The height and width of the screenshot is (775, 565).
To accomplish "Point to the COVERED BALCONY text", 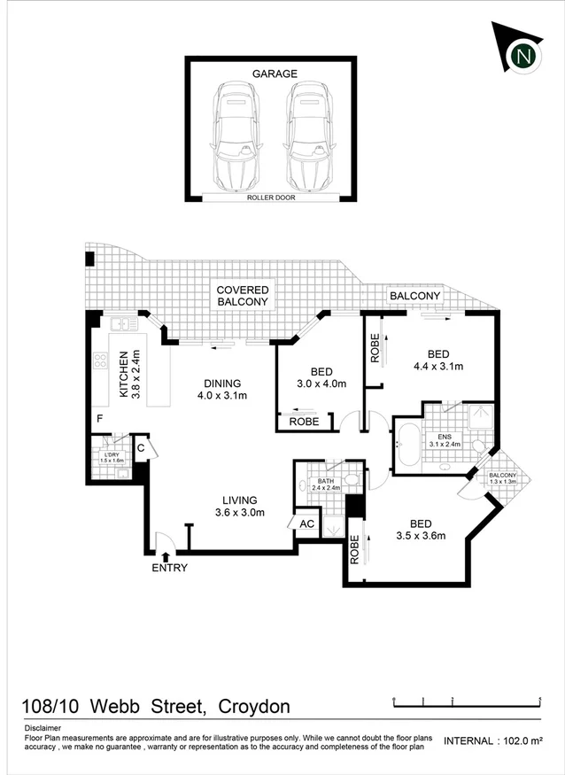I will click(x=243, y=296).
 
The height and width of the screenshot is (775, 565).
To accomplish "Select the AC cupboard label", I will click(x=307, y=523).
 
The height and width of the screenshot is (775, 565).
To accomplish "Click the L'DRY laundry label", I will click(x=110, y=457).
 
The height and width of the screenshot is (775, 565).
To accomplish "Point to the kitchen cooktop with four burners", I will click(x=101, y=361).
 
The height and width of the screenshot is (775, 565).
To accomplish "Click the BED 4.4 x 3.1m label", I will click(x=439, y=359).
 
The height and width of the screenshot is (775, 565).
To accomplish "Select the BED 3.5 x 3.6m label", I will click(x=421, y=529).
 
